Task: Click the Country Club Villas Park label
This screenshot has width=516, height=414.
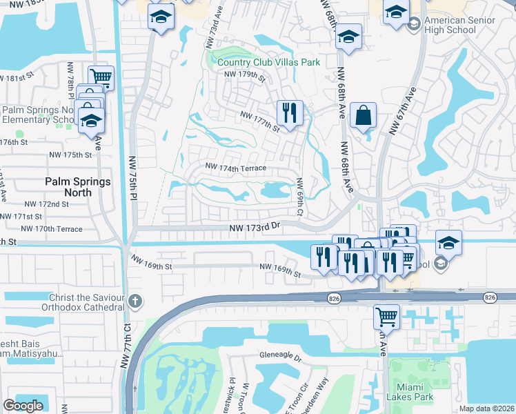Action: tap(268, 62)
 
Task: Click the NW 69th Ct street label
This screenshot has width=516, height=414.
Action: tap(299, 196)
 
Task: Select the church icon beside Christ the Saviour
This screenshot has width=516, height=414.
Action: tap(135, 301)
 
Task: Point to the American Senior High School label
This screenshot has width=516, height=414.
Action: tap(461, 25)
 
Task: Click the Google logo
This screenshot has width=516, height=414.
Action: tap(23, 406)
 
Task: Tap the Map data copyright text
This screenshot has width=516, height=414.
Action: tap(487, 408)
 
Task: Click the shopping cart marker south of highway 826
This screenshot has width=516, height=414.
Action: tap(387, 317)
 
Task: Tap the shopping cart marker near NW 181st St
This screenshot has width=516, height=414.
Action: tap(101, 77)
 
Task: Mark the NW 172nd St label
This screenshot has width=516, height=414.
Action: tap(46, 204)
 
